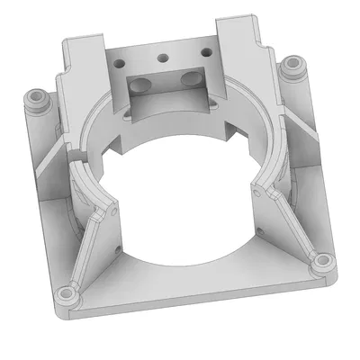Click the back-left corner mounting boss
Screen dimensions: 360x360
point(37,98)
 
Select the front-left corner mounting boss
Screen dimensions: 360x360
point(65,294)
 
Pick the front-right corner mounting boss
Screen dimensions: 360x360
point(319,264)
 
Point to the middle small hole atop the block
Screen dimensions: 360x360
point(163,58)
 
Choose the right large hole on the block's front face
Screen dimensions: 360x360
point(192,80)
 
